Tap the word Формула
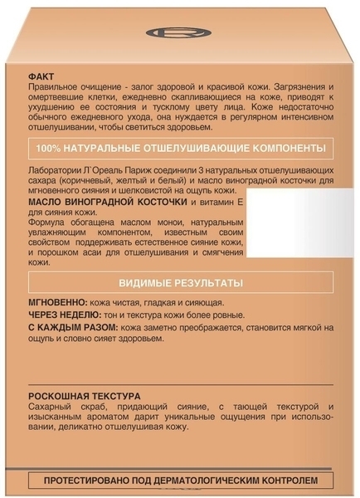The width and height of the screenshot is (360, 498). (47, 225)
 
